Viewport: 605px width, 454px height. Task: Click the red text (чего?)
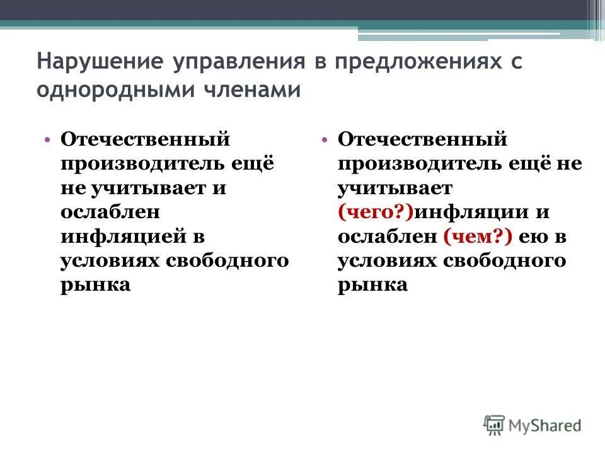tap(375, 212)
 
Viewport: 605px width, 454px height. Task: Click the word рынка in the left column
tap(95, 285)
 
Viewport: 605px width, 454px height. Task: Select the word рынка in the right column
tap(372, 285)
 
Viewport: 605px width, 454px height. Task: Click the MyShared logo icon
tap(495, 425)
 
